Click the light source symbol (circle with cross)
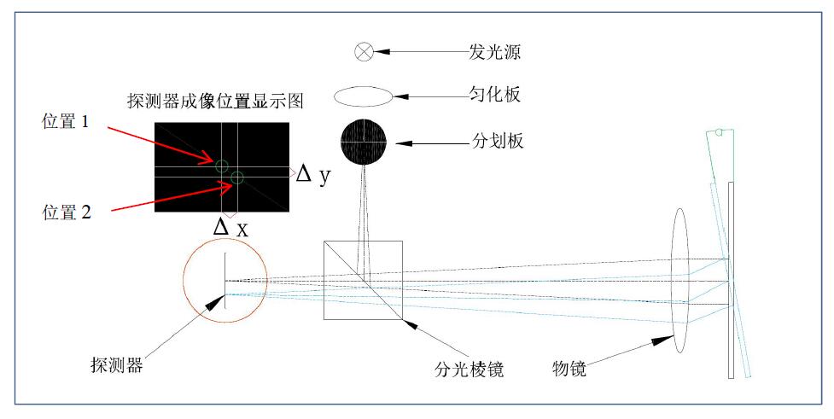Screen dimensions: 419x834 365,52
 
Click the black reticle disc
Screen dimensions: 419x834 365,140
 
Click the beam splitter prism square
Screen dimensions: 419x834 363,279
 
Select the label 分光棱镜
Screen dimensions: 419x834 469,370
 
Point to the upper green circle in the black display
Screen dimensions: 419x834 222,166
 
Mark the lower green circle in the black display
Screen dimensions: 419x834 237,177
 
